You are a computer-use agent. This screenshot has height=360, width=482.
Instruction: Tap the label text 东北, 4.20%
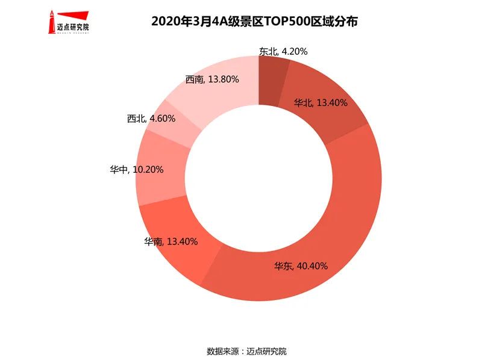283,52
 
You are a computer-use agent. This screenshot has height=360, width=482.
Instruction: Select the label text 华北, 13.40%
321,102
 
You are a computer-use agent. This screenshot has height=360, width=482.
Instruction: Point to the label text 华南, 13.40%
171,242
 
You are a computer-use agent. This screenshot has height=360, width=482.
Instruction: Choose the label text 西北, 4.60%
151,119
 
